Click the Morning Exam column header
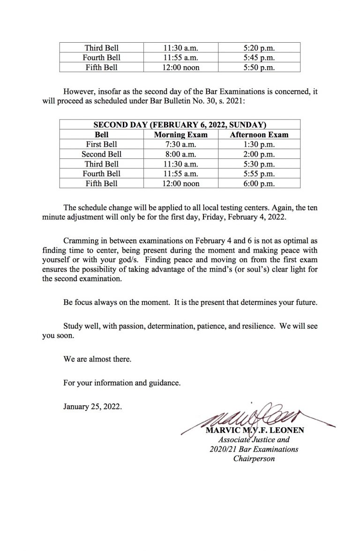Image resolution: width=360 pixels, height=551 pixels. click(x=180, y=135)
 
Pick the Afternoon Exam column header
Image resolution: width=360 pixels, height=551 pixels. click(x=259, y=135)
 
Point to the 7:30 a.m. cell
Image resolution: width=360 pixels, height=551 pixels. click(x=180, y=144)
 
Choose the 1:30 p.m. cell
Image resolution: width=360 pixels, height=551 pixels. click(x=259, y=144)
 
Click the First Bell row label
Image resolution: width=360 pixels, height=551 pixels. click(x=101, y=144)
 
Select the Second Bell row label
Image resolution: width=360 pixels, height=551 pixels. click(x=101, y=154)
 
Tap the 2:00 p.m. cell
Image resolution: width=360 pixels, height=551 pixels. click(x=259, y=154)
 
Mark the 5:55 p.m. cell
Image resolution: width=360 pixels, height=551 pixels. click(x=259, y=174)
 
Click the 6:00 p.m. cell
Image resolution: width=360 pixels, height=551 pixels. click(x=259, y=184)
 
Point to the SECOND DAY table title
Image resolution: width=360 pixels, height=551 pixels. click(x=180, y=125)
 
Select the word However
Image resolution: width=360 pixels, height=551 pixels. click(x=78, y=92)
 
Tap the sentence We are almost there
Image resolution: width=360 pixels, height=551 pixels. click(x=97, y=360)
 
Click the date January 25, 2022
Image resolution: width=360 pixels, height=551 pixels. click(x=93, y=407)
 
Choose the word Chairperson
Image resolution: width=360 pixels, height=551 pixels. click(x=254, y=458)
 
